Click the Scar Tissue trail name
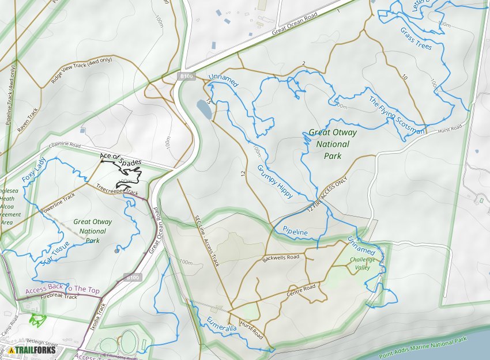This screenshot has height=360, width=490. coord(56,253)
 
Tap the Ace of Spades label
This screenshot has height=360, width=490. coord(120,160)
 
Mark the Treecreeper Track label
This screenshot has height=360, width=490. coord(117,190)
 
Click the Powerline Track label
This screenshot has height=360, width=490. coord(58,204)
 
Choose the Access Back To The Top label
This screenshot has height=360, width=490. coord(62,290)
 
